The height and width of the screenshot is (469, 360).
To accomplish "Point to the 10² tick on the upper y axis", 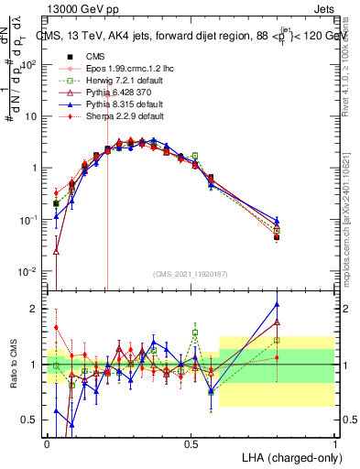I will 30,65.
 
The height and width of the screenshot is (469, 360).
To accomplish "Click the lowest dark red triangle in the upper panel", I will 56,250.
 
